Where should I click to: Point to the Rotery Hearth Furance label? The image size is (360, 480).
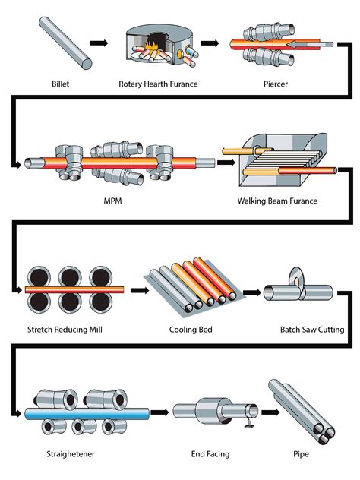tap(158, 84)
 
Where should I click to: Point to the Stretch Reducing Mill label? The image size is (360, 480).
tap(65, 329)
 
